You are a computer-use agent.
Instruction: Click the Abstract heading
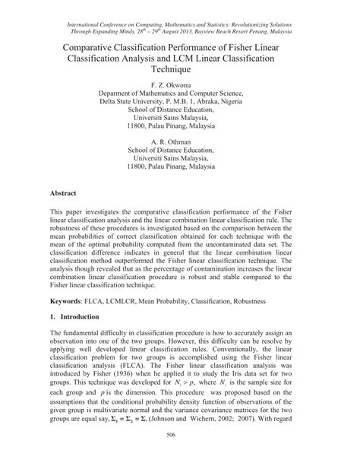point(64,194)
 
